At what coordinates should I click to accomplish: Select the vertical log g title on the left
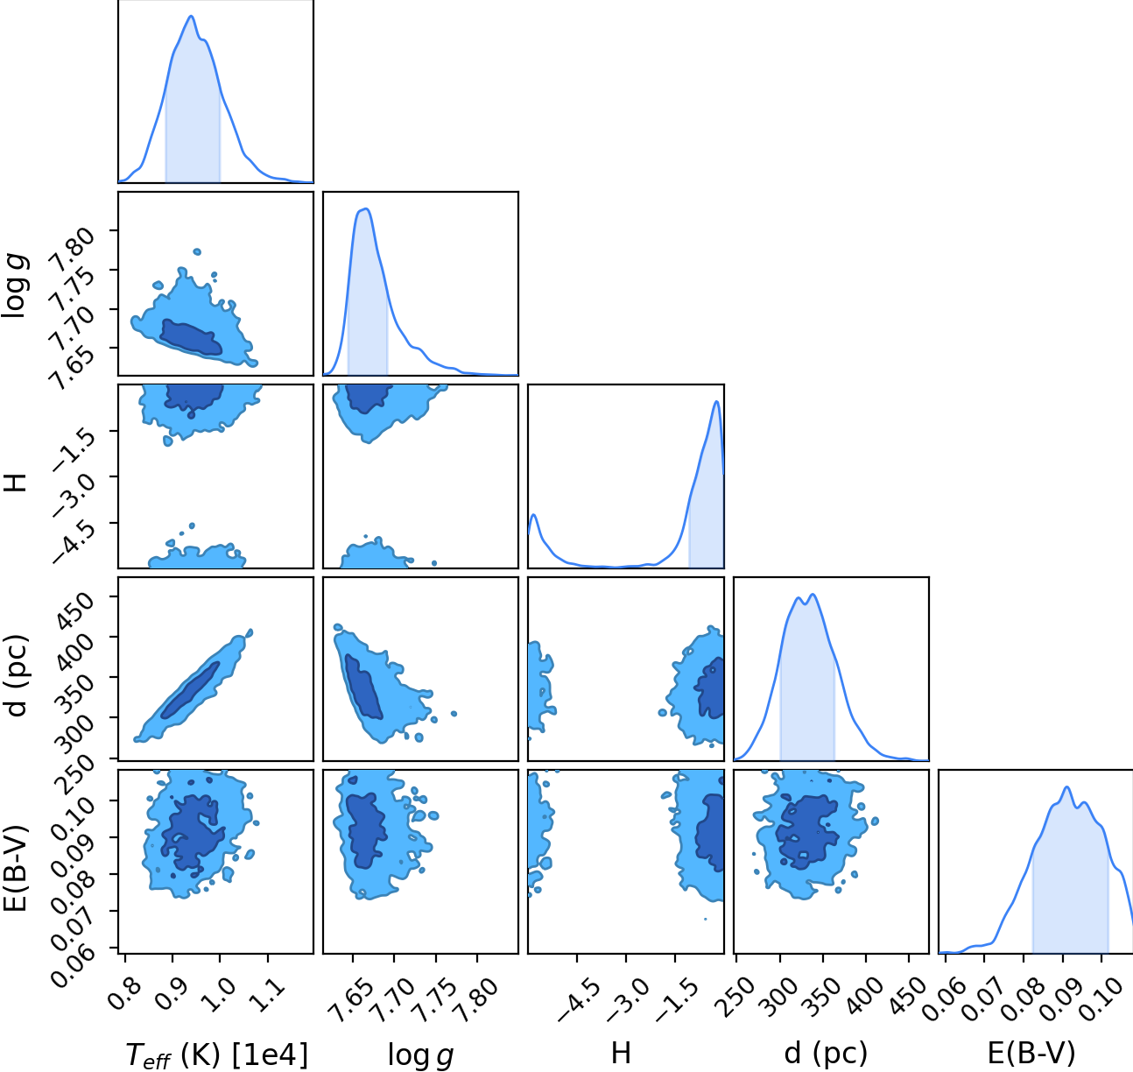16,286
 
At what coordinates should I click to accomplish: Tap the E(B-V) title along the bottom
1031,1053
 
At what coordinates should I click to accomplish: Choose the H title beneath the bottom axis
621,1053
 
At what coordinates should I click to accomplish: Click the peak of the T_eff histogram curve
191,16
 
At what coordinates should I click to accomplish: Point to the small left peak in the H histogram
533,515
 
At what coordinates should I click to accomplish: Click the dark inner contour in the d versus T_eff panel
191,689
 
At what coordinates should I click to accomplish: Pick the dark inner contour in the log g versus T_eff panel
191,337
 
